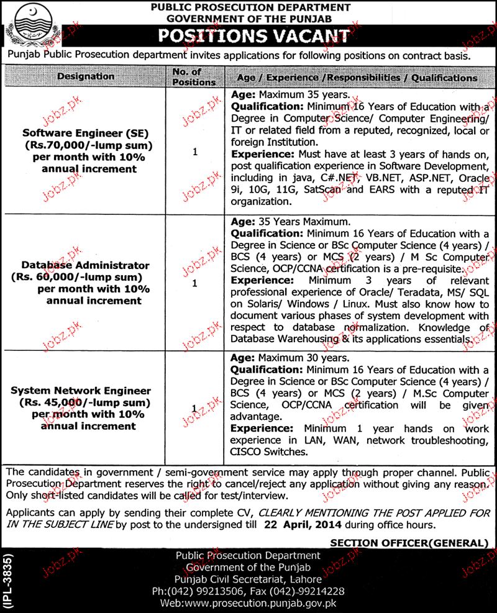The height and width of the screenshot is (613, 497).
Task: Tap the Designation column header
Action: click(x=86, y=76)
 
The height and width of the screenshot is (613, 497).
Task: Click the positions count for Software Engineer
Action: click(x=195, y=151)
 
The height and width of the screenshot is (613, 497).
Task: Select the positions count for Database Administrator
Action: click(x=195, y=283)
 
